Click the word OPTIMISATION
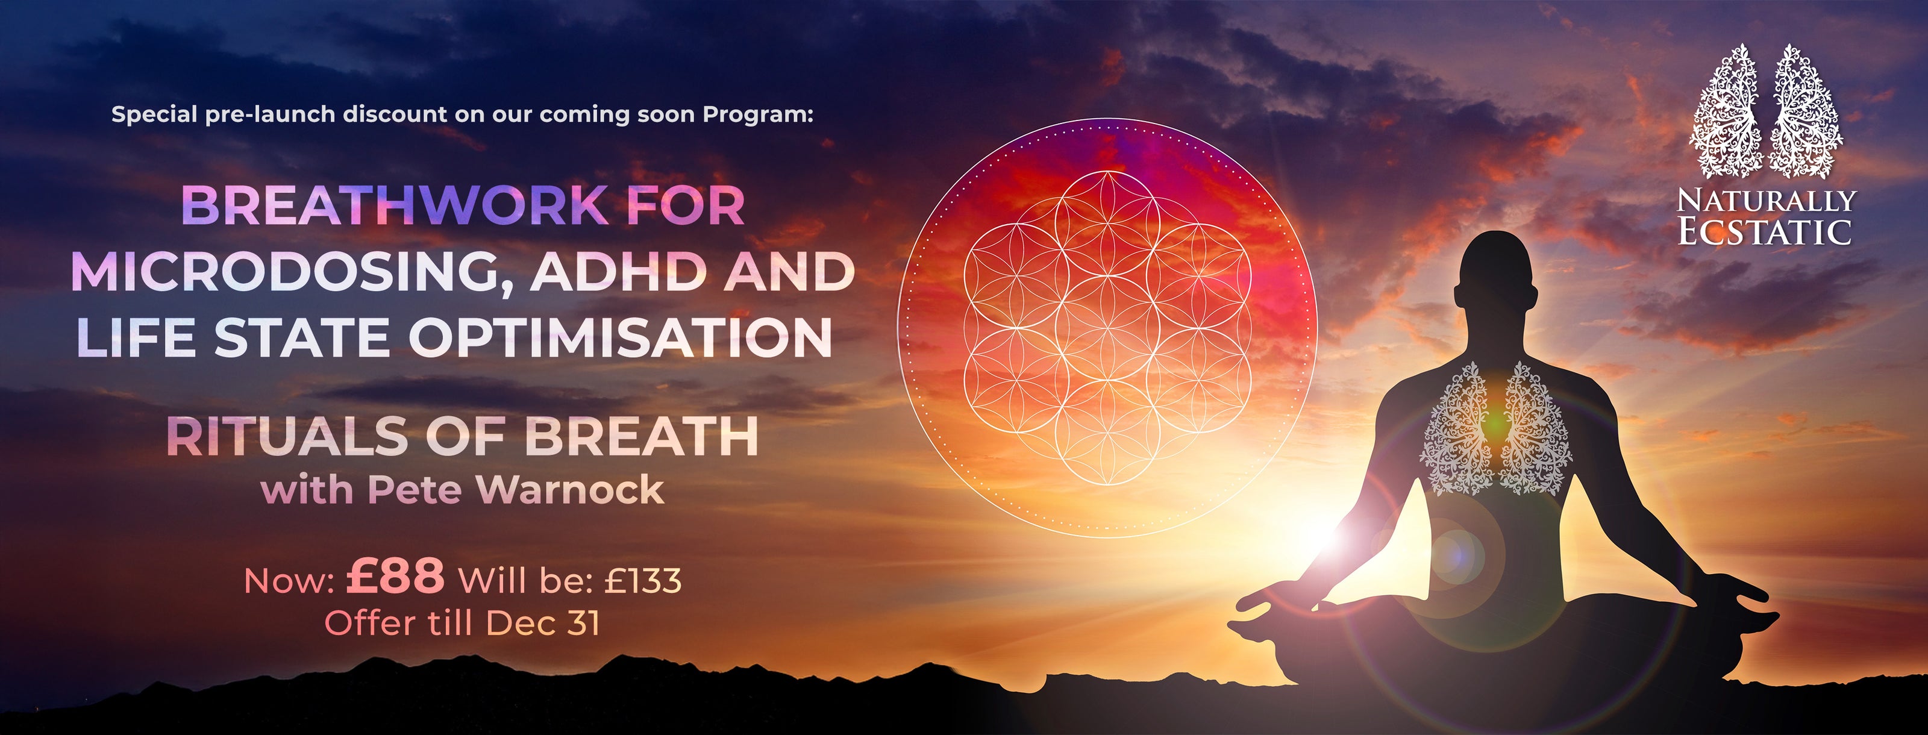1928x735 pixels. click(x=621, y=337)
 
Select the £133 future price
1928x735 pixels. click(x=643, y=581)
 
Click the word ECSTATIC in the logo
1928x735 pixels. click(x=1764, y=231)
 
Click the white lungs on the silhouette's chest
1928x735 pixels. click(x=1496, y=428)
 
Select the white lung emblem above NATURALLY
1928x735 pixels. click(x=1768, y=110)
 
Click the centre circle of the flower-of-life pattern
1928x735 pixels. click(x=1107, y=327)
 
